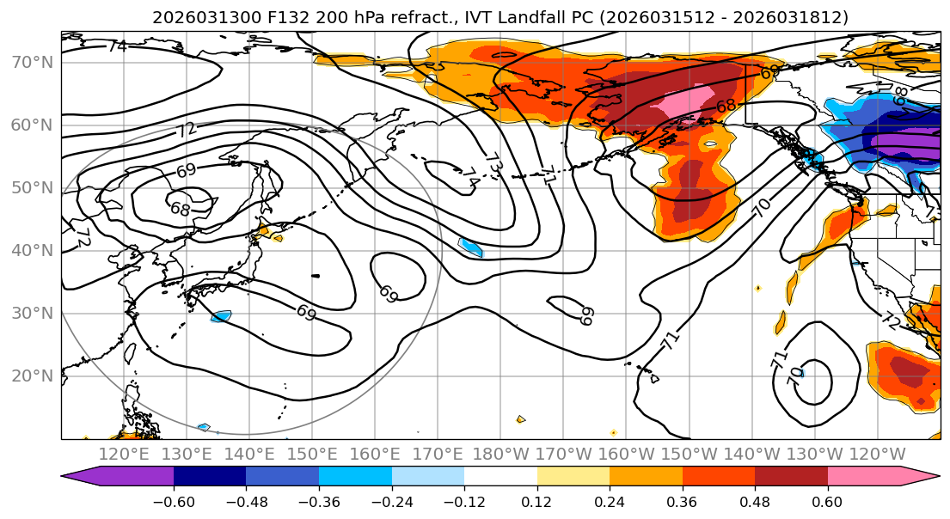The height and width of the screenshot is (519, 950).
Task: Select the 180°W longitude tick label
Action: click(501, 455)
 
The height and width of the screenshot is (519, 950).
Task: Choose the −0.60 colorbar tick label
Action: click(174, 501)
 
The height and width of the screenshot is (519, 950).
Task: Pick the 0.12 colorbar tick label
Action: click(536, 501)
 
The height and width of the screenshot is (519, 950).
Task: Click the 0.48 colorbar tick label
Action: click(754, 501)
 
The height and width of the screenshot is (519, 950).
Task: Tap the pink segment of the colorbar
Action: click(864, 477)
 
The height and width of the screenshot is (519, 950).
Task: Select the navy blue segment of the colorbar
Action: click(209, 477)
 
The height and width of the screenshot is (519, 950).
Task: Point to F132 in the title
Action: click(254, 17)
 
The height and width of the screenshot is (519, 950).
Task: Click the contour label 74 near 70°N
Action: click(117, 46)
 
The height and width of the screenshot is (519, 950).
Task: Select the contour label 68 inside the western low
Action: click(180, 209)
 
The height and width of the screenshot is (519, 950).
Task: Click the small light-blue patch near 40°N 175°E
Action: click(471, 247)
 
